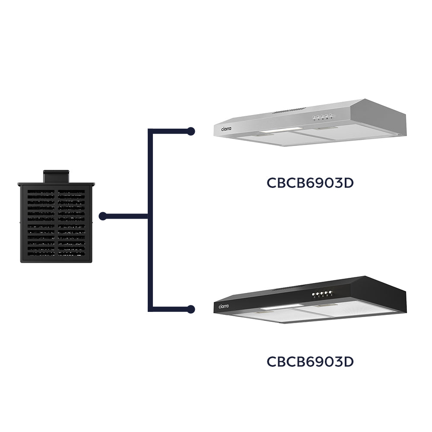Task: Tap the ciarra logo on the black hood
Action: point(224,306)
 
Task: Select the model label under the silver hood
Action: point(310,183)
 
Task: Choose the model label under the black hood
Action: point(310,361)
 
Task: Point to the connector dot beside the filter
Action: point(102,216)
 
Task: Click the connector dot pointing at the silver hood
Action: point(191,130)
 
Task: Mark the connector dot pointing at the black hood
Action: point(191,309)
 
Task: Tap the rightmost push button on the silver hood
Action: point(331,116)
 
